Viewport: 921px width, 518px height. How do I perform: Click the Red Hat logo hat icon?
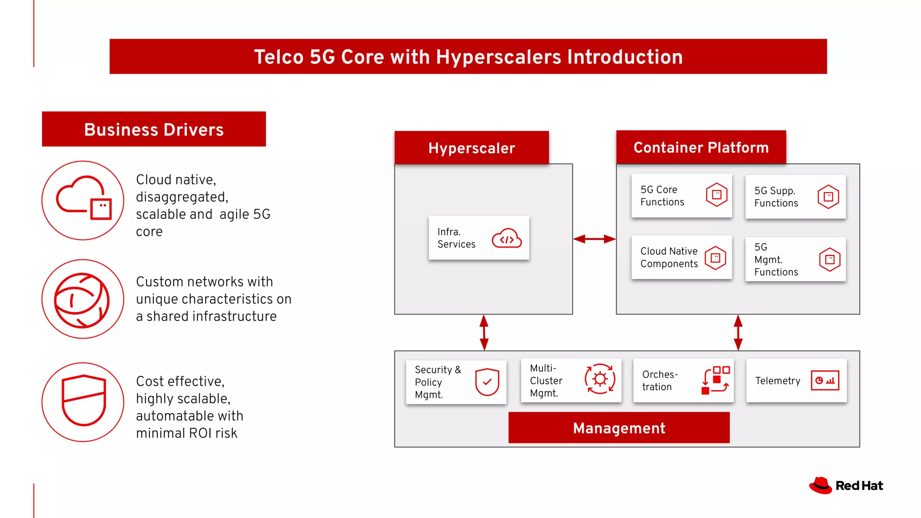click(x=821, y=486)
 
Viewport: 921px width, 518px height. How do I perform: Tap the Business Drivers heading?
click(x=154, y=129)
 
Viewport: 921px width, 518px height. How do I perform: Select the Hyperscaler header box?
click(x=471, y=148)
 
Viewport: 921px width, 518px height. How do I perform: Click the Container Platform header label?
click(x=701, y=147)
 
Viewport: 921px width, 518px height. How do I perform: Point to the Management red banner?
click(x=619, y=428)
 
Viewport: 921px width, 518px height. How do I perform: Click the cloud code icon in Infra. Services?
click(x=507, y=239)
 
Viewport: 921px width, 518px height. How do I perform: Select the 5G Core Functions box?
click(x=681, y=196)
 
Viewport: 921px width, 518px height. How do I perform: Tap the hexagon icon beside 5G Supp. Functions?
click(x=828, y=196)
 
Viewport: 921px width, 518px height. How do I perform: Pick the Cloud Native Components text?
click(x=669, y=257)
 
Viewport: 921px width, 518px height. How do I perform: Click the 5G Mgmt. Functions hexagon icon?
click(x=830, y=259)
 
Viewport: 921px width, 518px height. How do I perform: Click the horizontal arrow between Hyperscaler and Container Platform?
click(x=594, y=239)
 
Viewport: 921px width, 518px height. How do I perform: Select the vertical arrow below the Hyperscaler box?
click(x=484, y=332)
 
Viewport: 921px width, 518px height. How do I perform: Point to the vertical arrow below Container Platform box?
click(x=738, y=332)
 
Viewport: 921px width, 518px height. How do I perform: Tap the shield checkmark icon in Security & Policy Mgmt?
click(x=487, y=382)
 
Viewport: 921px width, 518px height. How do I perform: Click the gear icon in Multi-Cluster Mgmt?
click(x=600, y=379)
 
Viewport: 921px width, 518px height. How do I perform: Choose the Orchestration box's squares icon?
click(x=715, y=380)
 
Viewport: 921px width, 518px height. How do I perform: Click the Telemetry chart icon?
click(x=825, y=380)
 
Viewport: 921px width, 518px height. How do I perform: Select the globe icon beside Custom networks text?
click(x=82, y=300)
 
